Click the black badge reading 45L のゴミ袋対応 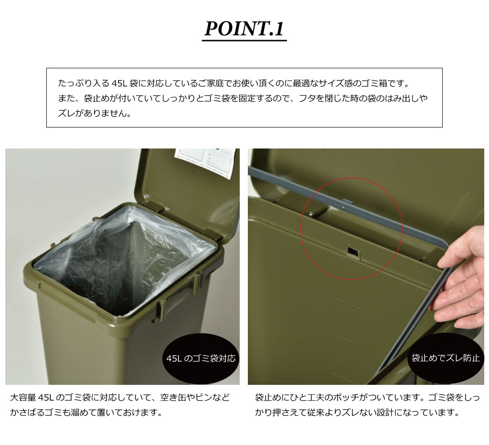tap(201, 358)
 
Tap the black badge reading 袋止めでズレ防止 tap(446, 358)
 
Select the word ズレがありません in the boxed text tap(94, 113)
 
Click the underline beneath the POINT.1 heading tap(244, 41)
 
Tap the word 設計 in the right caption tap(385, 413)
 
